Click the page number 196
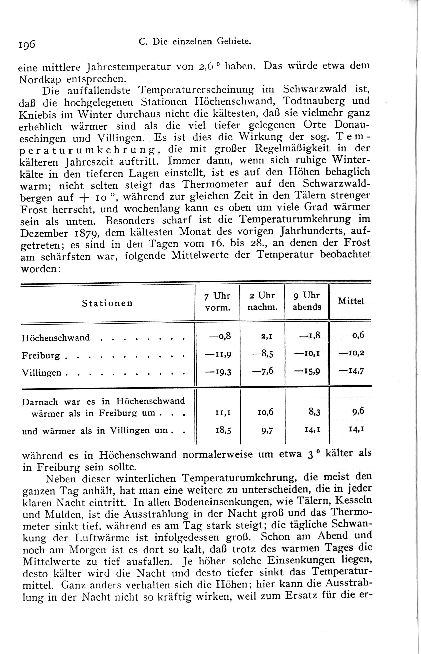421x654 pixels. (x=27, y=44)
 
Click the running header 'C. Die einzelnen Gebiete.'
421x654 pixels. (x=195, y=41)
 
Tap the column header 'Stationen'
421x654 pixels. (x=107, y=303)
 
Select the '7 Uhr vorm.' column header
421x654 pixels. (x=218, y=302)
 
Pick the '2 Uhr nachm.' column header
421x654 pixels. (x=262, y=302)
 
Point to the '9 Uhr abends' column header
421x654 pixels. (x=307, y=301)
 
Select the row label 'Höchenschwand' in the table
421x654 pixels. (x=56, y=337)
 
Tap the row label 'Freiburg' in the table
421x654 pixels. (x=41, y=355)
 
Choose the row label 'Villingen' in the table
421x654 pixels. (x=42, y=373)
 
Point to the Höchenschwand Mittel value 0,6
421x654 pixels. (x=358, y=336)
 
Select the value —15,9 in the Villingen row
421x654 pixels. (x=307, y=372)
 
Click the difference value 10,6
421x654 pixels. (x=265, y=413)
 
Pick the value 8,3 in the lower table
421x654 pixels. (x=314, y=412)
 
